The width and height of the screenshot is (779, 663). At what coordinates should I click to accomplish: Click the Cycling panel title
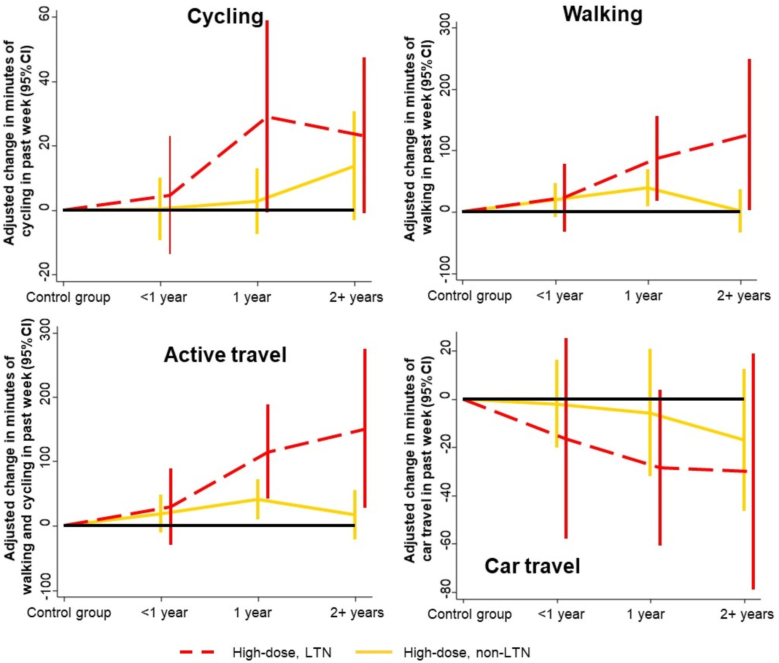pos(225,17)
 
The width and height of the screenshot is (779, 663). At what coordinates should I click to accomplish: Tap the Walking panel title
pos(603,14)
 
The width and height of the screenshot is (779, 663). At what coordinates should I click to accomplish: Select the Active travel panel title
pos(225,355)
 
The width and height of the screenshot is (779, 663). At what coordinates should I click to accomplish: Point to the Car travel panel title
pos(532,566)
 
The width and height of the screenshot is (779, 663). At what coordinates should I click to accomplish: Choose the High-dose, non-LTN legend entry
pos(443,653)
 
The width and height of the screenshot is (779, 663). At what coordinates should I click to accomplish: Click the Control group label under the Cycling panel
pos(68,297)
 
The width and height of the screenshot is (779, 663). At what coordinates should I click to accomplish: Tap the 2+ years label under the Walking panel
pos(744,296)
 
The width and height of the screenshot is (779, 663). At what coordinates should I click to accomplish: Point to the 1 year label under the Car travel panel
pos(645,614)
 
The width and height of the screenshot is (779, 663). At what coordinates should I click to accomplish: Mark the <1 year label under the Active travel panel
pos(164,613)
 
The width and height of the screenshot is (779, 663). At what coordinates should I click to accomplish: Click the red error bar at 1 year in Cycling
pos(267,116)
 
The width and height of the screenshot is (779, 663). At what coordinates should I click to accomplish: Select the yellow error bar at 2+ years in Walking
pos(740,211)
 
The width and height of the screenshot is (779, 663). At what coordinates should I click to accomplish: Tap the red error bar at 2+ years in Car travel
pos(753,471)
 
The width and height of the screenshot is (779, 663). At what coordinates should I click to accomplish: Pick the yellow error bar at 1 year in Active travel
pos(258,499)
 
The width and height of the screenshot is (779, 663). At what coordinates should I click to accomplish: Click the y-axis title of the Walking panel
pos(418,139)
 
